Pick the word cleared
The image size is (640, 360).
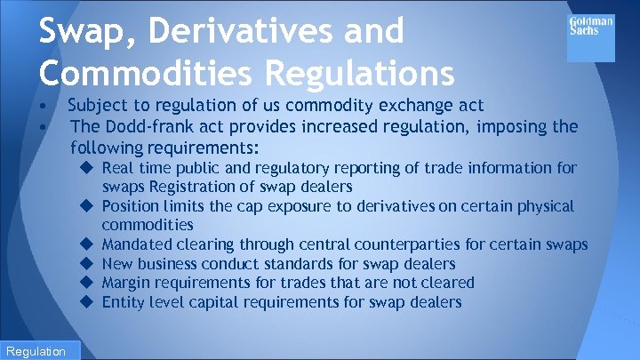coord(447,283)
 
